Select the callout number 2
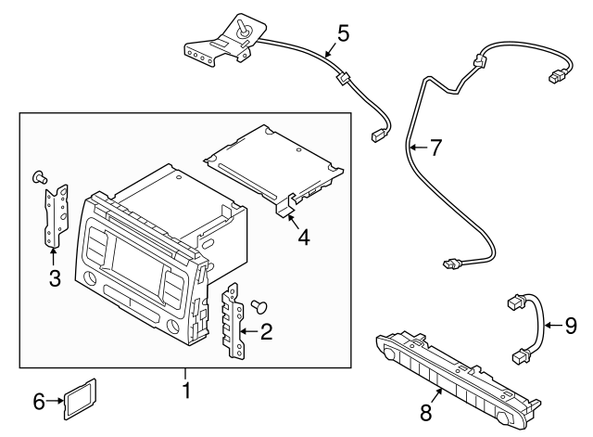click(267, 329)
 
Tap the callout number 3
click(55, 278)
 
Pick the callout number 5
click(343, 34)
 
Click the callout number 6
click(38, 401)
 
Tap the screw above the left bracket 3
click(39, 175)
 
